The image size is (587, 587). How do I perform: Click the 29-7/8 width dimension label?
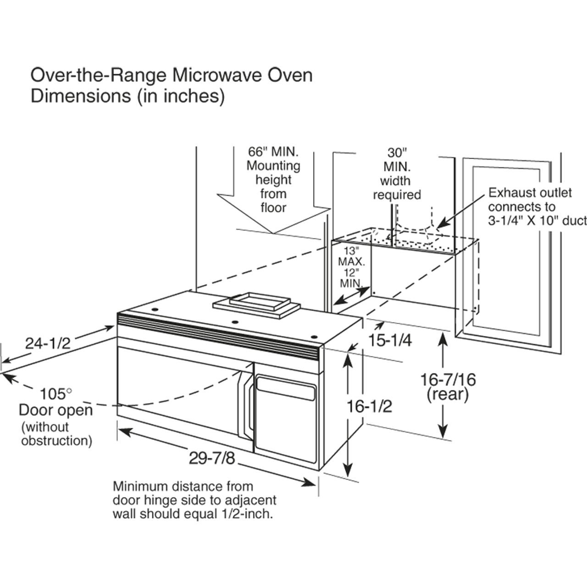[211, 458]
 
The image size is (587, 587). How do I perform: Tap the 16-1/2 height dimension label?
[369, 406]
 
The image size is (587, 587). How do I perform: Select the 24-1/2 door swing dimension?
[48, 343]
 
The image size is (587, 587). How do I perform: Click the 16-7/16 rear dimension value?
[448, 379]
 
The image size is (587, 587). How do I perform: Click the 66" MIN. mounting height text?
[273, 152]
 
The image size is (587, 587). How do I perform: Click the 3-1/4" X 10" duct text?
[537, 221]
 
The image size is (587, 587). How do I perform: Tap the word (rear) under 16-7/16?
[448, 394]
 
